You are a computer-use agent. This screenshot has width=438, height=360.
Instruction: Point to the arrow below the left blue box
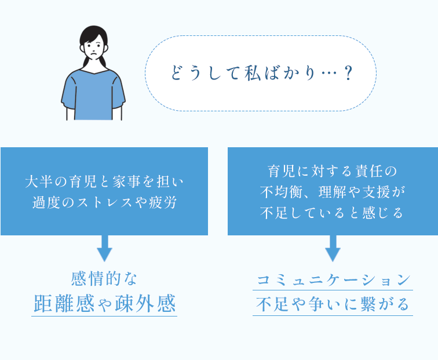104,248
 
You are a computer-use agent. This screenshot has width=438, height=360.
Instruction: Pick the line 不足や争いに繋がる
333,304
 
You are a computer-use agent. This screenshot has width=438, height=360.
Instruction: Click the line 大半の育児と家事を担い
104,182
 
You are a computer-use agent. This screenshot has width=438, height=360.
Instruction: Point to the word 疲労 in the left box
171,203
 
